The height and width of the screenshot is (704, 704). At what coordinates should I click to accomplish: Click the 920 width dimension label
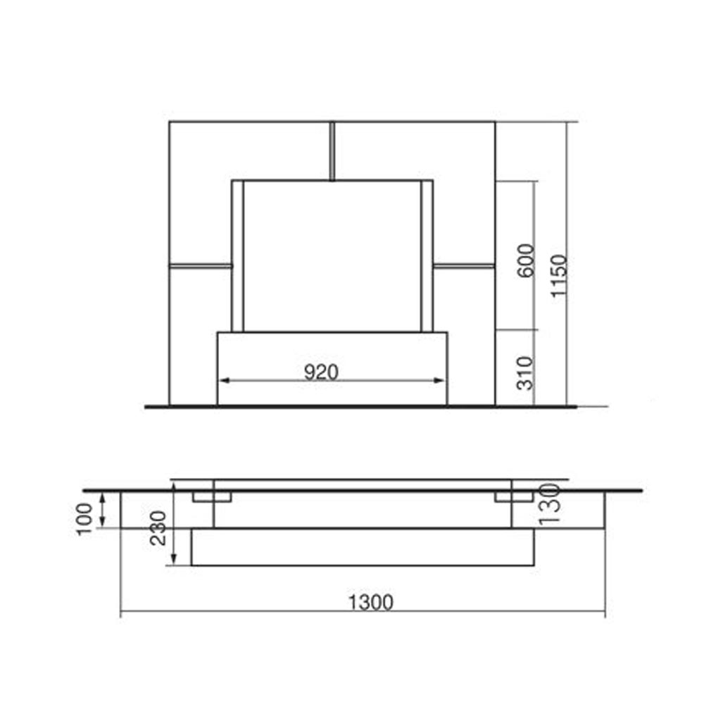(321, 372)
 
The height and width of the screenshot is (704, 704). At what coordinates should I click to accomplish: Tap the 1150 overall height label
(559, 276)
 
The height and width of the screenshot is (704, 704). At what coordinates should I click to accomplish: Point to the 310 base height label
(525, 373)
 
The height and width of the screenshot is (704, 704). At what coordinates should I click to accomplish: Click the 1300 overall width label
(371, 603)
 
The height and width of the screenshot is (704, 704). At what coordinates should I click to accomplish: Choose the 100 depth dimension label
(84, 519)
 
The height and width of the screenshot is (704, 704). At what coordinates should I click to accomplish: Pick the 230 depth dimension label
(158, 528)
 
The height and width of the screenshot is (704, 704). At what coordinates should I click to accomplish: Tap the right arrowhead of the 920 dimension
(439, 381)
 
